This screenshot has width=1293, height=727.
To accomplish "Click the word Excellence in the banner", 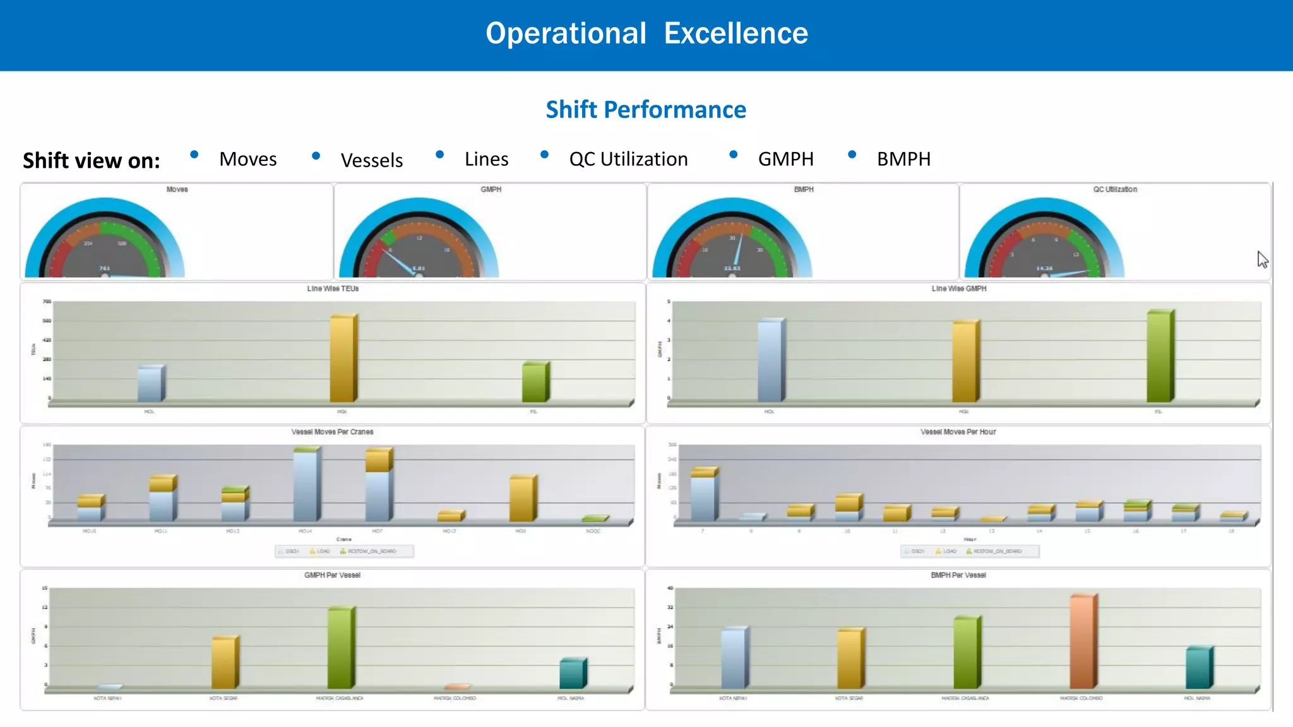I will [x=736, y=33].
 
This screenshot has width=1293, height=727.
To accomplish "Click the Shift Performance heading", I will [x=646, y=110].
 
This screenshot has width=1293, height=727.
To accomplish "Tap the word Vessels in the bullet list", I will [x=371, y=160].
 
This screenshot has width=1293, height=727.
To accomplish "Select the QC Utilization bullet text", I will [x=628, y=159].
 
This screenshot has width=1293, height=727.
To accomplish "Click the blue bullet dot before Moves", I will [x=194, y=155].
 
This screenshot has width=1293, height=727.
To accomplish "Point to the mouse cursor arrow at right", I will [x=1261, y=258].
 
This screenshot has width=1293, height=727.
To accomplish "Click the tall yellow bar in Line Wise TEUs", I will [x=343, y=358].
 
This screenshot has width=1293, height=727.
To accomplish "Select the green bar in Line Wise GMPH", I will [x=1159, y=357].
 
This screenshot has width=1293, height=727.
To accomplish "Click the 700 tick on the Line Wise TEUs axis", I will [x=47, y=302].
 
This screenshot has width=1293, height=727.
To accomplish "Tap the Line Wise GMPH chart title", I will [x=958, y=288].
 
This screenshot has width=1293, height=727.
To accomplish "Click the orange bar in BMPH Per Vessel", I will [x=1083, y=641].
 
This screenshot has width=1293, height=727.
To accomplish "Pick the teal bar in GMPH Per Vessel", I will [x=572, y=673].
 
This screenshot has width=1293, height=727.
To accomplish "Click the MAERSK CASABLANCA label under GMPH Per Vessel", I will [x=340, y=699].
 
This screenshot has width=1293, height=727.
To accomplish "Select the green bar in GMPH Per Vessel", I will [x=341, y=648].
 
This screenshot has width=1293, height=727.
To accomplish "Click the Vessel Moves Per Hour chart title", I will [x=958, y=432].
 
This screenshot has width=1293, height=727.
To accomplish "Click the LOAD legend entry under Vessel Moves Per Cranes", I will [x=320, y=552].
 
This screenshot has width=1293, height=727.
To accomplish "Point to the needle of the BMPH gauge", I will [x=737, y=250].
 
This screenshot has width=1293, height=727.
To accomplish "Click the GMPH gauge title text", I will [x=491, y=189].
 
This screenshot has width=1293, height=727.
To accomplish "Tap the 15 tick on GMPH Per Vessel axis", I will [x=45, y=588].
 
